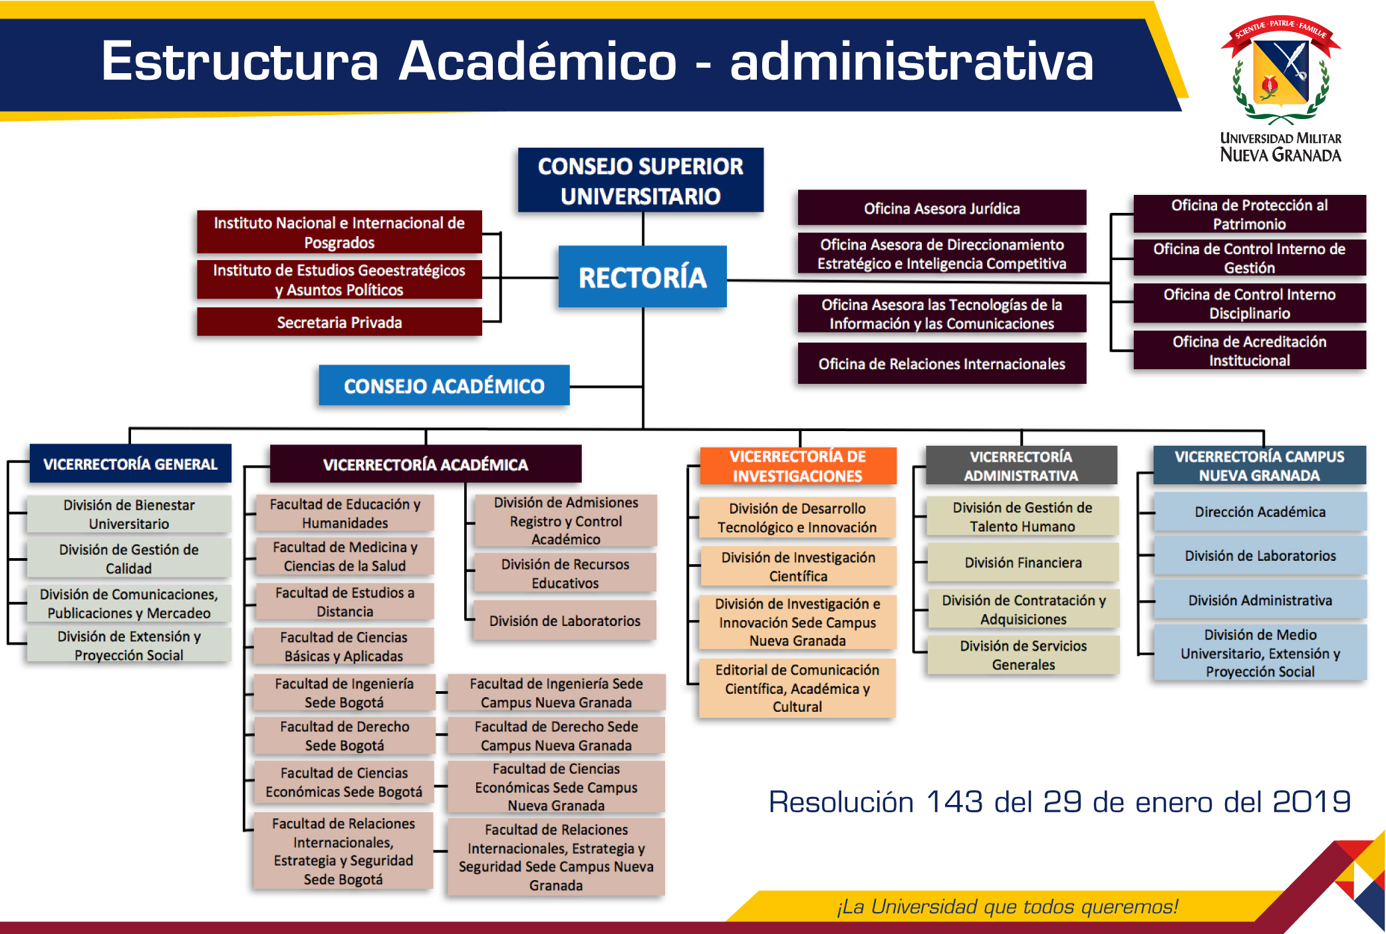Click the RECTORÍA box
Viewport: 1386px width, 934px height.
642,277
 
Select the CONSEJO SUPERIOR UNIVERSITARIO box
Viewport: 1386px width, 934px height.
640,180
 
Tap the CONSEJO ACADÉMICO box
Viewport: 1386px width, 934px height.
444,385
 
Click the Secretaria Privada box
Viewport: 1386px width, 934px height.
339,322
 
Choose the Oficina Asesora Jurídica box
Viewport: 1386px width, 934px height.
942,208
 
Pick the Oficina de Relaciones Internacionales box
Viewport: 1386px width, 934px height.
942,363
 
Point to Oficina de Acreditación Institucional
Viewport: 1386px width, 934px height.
1250,351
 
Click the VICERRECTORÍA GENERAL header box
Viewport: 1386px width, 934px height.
130,464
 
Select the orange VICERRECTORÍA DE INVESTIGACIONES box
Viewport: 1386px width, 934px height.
798,466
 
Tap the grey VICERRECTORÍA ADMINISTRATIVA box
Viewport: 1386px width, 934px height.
1021,466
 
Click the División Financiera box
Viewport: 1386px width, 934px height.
1023,563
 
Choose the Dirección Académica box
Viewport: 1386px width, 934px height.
1260,512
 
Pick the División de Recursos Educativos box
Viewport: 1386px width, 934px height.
565,573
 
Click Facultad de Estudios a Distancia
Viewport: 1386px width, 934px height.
345,602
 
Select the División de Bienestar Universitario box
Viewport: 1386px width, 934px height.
129,514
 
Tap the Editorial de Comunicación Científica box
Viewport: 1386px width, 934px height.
797,688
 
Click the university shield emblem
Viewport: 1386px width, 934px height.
1280,70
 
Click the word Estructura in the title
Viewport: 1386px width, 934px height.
239,61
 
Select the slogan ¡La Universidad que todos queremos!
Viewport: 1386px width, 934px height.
1007,906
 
